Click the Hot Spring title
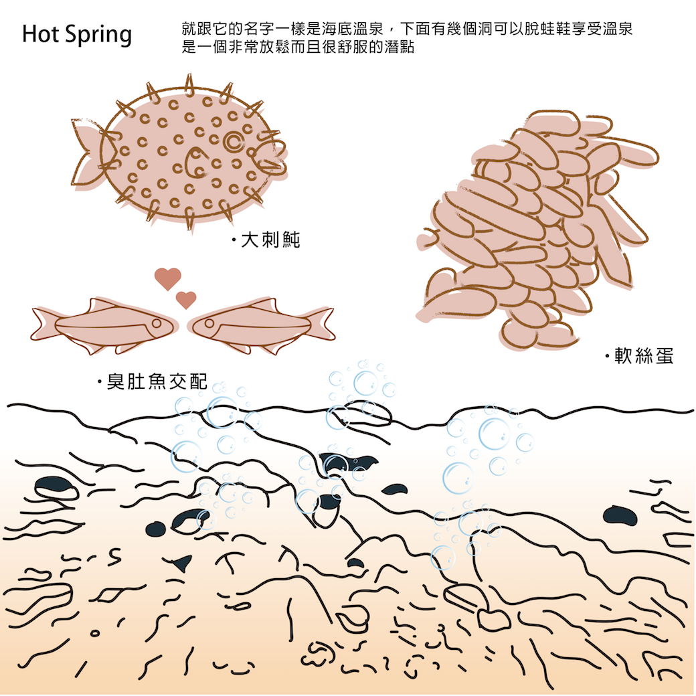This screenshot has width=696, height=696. (x=76, y=34)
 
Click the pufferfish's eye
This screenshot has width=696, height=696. (x=234, y=141)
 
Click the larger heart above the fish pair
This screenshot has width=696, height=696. (x=167, y=278)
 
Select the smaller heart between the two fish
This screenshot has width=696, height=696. (x=185, y=299)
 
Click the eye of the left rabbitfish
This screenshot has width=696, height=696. (x=156, y=323)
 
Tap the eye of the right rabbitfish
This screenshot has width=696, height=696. (x=209, y=324)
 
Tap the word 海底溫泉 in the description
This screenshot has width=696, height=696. (x=344, y=30)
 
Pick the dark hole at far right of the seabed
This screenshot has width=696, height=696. (x=623, y=515)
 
